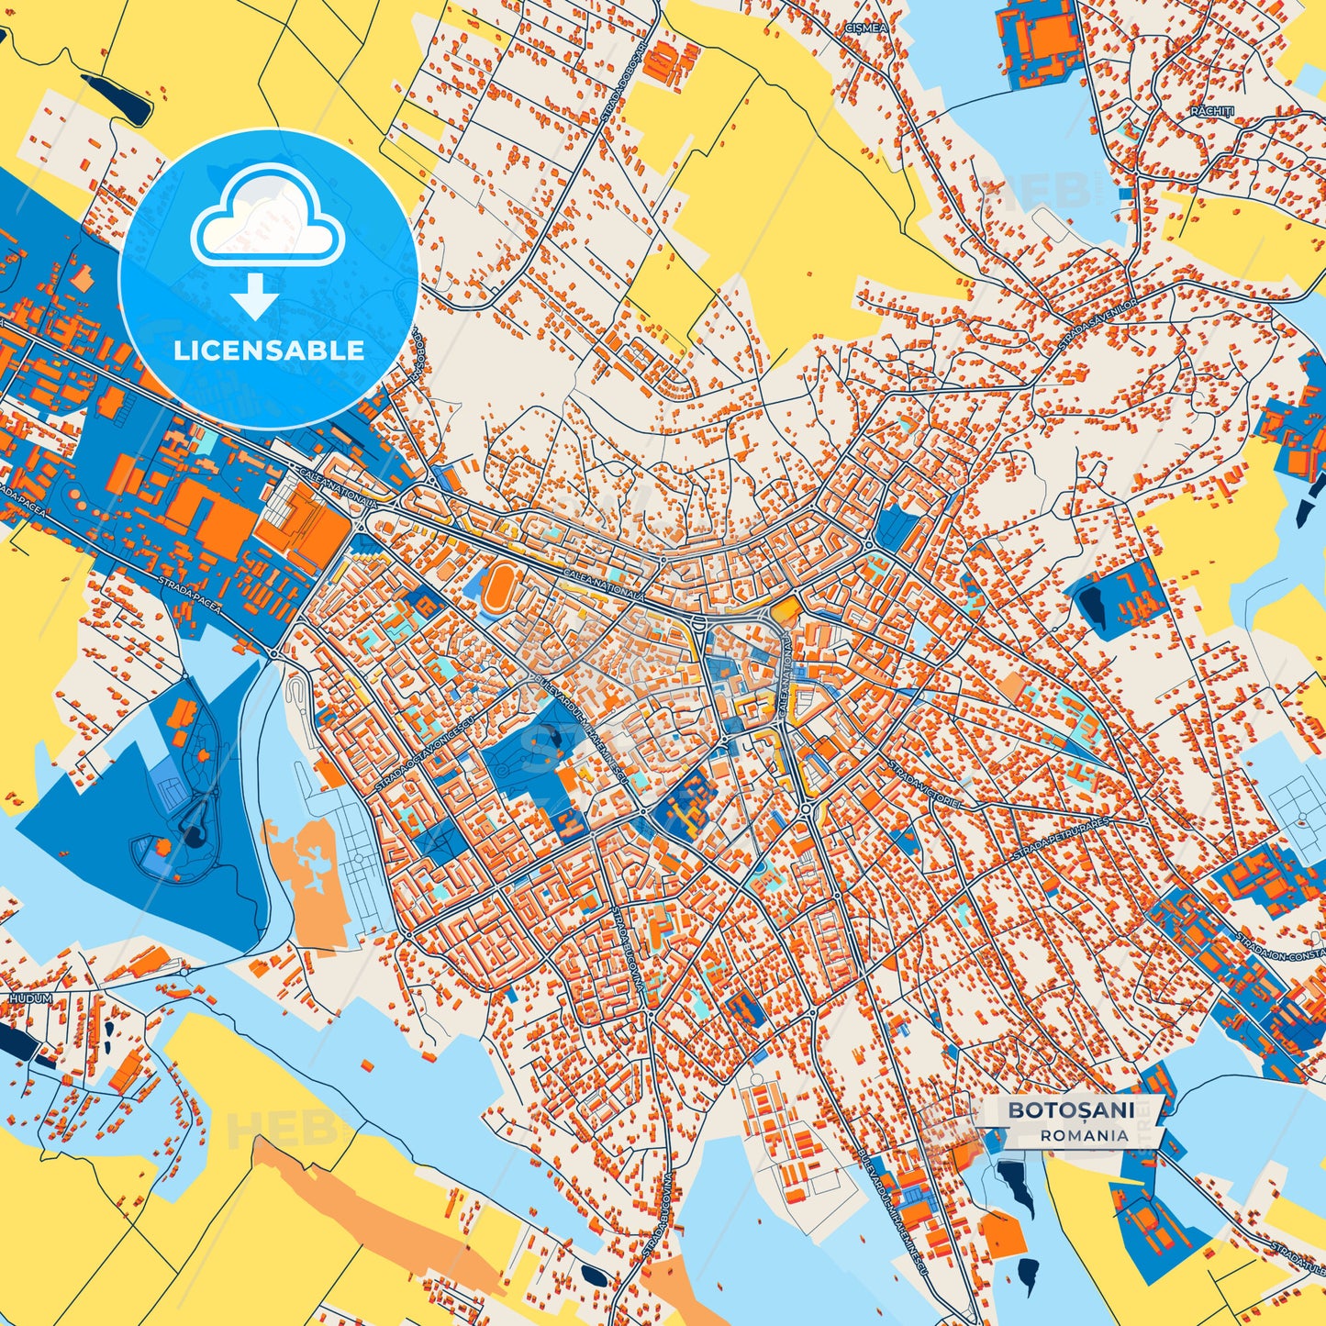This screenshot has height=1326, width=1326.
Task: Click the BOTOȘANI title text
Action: [1071, 1110]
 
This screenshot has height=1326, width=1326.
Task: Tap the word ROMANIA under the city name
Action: [1085, 1135]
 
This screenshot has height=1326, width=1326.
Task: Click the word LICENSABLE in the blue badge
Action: [269, 351]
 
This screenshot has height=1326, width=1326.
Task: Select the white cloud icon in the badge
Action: [267, 220]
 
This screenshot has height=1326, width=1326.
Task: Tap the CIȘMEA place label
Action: [867, 28]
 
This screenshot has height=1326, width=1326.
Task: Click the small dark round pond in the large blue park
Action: [195, 835]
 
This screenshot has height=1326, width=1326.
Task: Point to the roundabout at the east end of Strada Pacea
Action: [274, 653]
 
